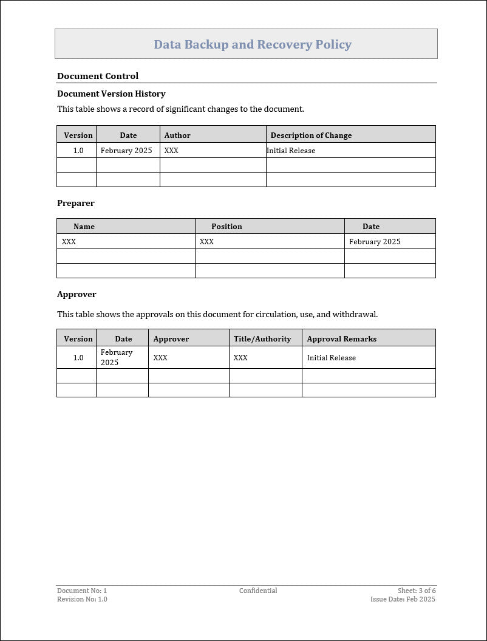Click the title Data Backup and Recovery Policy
pos(253,44)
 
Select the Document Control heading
pos(98,76)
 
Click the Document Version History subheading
pos(111,94)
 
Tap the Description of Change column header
pos(311,135)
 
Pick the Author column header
pos(177,135)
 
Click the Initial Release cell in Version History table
pos(291,151)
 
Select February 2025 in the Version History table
pos(126,151)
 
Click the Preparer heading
pos(76,203)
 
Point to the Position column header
pos(226,227)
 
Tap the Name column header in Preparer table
pos(84,227)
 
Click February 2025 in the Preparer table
pos(375,242)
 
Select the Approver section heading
pos(77,294)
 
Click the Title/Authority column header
pos(262,339)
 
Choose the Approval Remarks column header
pos(341,339)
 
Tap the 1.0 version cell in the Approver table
pos(78,358)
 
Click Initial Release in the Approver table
pos(331,358)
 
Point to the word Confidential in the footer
pos(258,591)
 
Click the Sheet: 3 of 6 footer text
pos(417,591)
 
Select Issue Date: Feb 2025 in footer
pos(403,599)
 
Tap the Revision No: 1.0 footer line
pos(82,599)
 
